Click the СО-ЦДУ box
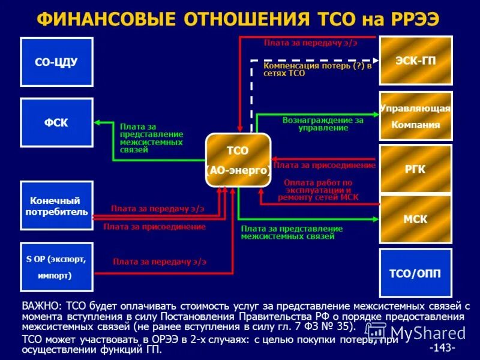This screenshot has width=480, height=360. [56, 62]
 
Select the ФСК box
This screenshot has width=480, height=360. [56, 123]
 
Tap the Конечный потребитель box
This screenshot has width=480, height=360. [56, 206]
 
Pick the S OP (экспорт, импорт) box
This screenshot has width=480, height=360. [56, 267]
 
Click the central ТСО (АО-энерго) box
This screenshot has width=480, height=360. [238, 160]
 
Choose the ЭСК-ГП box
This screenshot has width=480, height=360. [416, 61]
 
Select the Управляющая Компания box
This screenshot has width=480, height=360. [416, 116]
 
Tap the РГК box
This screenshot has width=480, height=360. [416, 169]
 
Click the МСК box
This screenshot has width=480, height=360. [416, 219]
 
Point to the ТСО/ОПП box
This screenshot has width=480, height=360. [416, 273]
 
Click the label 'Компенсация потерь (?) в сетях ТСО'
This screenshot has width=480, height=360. [317, 69]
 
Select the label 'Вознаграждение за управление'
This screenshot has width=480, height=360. [323, 124]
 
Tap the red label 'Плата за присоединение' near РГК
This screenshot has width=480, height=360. [325, 165]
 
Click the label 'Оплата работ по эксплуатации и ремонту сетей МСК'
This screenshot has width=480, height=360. [318, 189]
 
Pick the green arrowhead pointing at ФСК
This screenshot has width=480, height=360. [97, 123]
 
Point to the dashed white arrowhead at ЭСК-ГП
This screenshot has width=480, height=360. [374, 60]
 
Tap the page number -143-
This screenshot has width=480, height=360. [442, 347]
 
